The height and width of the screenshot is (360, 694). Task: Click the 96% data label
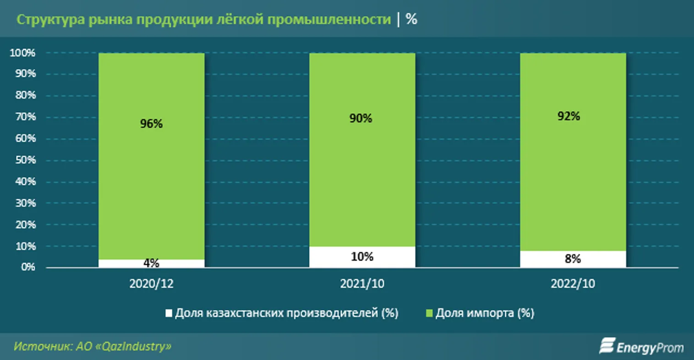point(151,124)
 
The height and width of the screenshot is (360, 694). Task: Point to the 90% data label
point(361,119)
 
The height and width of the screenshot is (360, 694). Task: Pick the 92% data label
point(568,116)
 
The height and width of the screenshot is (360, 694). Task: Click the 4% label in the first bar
point(151,263)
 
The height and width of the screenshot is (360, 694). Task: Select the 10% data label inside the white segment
point(362,256)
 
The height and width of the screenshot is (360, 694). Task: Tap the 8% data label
point(573,259)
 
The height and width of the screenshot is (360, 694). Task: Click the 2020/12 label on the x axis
point(151,284)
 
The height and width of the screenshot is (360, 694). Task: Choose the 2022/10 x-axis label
point(573,284)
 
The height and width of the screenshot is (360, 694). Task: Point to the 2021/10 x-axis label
point(362,284)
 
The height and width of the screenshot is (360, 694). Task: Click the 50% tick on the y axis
point(25,160)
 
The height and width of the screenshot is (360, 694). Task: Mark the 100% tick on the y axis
point(22,53)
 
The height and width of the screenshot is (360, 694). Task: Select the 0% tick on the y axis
point(28,267)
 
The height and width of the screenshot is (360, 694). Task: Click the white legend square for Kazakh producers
point(169,313)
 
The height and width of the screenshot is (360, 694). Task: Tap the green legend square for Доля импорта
point(429,313)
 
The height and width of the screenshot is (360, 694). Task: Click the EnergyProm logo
point(641,347)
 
